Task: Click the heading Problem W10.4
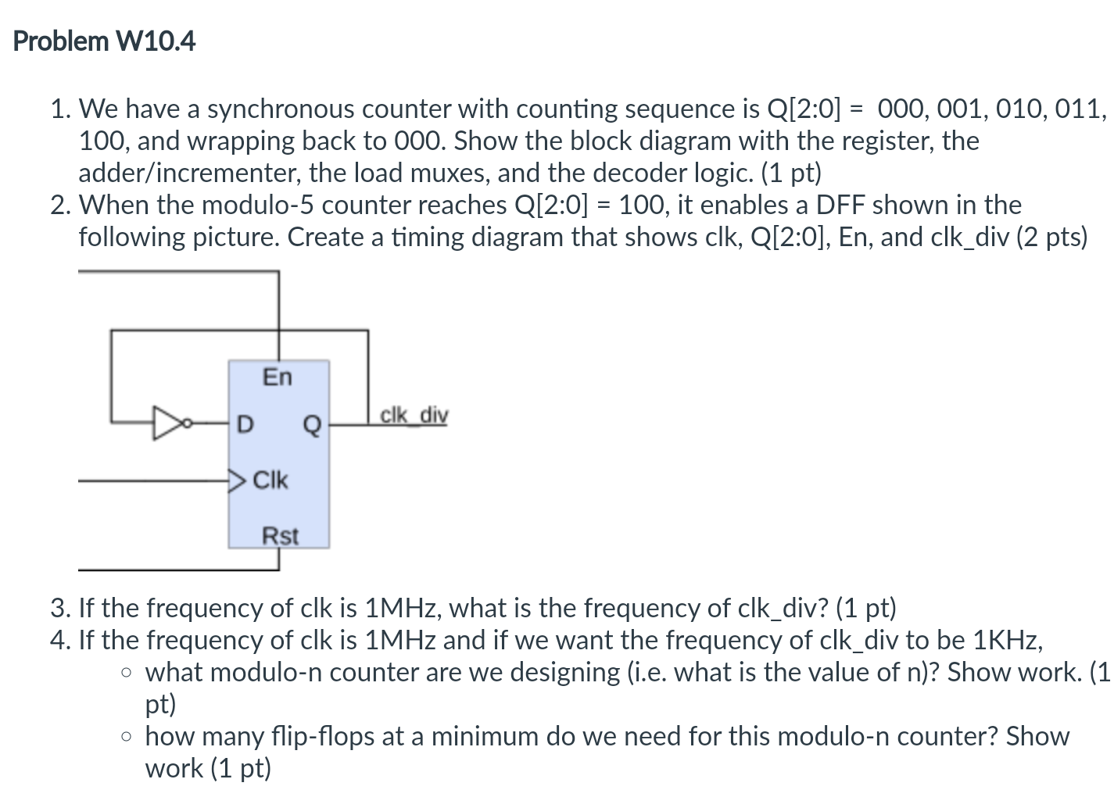pyautogui.click(x=104, y=41)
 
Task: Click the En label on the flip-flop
pyautogui.click(x=277, y=377)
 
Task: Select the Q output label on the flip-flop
pyautogui.click(x=311, y=425)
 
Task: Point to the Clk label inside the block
pyautogui.click(x=270, y=480)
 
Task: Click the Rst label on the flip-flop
pyautogui.click(x=279, y=536)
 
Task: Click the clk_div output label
pyautogui.click(x=414, y=415)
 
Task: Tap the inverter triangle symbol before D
pyautogui.click(x=167, y=423)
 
